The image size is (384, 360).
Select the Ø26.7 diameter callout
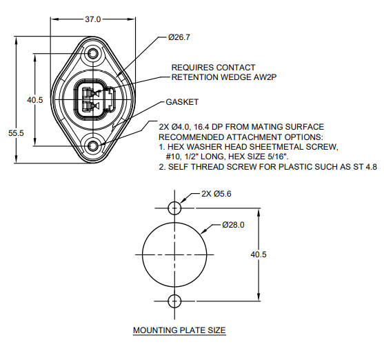(179, 37)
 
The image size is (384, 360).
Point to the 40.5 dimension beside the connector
(35, 100)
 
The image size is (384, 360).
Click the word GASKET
(182, 102)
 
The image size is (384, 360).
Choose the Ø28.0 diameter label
(234, 225)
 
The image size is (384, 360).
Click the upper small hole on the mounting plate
(174, 207)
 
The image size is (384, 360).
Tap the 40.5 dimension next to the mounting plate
(259, 254)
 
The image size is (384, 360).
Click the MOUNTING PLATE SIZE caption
(179, 331)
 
